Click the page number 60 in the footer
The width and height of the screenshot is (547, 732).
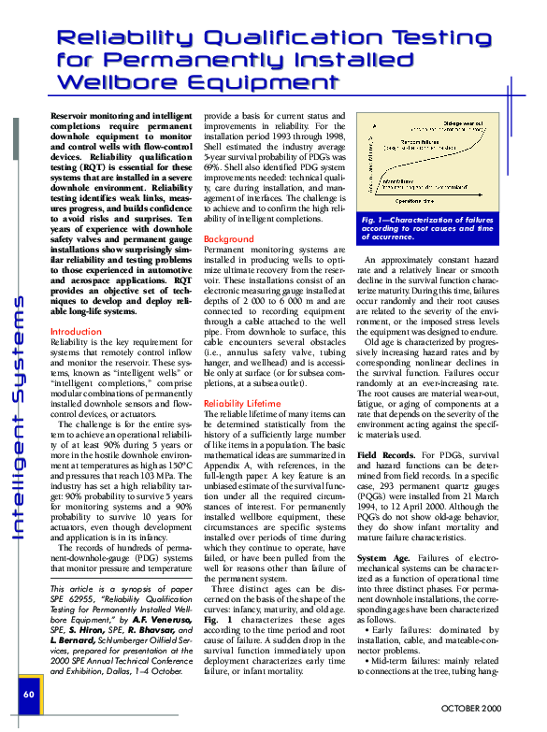pos(29,694)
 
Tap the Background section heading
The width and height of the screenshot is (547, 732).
pos(228,239)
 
